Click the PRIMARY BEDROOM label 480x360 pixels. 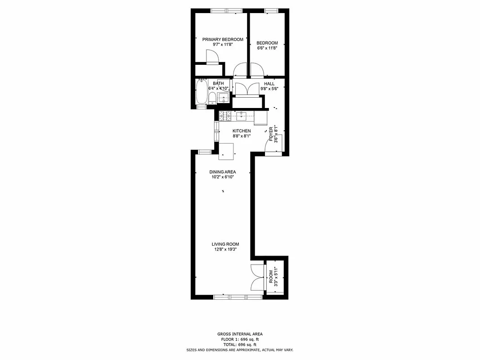click(223, 40)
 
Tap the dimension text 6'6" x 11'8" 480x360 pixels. click(267, 48)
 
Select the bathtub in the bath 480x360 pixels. click(201, 92)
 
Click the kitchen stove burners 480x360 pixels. click(225, 116)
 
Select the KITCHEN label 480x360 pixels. click(242, 131)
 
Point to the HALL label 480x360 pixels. click(269, 84)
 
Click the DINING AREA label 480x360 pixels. click(223, 172)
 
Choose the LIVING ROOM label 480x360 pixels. click(225, 244)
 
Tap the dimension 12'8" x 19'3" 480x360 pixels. click(225, 250)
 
